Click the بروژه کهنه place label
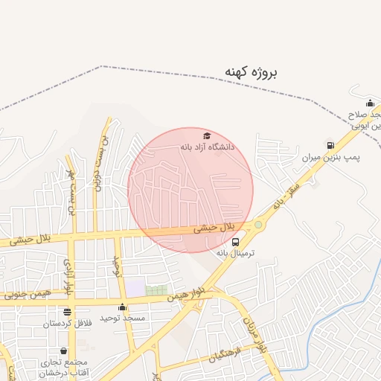[252, 72]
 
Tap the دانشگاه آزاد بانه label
[207, 147]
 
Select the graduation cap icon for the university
[206, 136]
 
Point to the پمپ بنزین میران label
[330, 158]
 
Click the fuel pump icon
[330, 145]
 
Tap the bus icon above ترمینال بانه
[236, 242]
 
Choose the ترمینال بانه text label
[235, 253]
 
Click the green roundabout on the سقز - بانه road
[258, 224]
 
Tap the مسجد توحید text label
[122, 318]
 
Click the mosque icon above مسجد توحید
[122, 307]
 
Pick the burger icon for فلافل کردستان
[68, 313]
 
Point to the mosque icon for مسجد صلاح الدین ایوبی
[370, 103]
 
